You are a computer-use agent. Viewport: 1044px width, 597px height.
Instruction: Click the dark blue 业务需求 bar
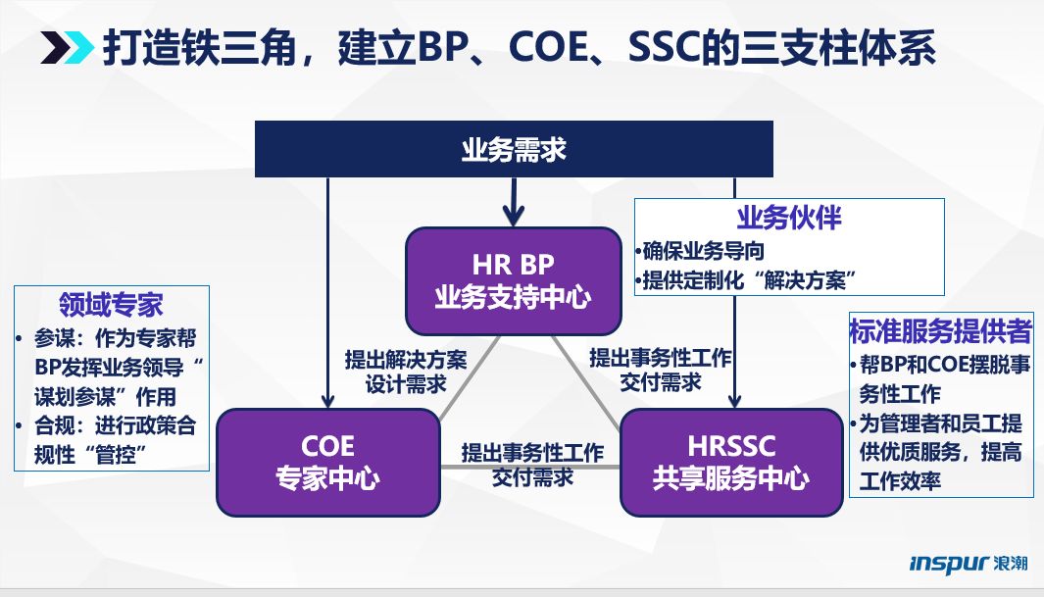tap(514, 150)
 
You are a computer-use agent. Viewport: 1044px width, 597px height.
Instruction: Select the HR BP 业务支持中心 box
tap(514, 280)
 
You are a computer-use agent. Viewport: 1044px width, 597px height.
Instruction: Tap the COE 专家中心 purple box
tap(327, 462)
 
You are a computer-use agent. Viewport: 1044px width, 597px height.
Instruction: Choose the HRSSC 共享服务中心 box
tap(731, 462)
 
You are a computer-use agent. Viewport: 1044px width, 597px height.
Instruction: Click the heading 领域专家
tap(111, 305)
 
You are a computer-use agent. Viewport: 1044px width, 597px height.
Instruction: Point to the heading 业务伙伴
tap(788, 217)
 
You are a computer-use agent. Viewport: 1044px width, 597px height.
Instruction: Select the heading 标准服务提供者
tap(940, 331)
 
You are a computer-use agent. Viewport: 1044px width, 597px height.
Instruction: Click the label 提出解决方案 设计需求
tap(405, 371)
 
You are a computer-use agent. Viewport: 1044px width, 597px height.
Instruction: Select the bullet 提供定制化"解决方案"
tap(744, 280)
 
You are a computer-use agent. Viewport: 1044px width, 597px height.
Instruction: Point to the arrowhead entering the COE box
tap(328, 398)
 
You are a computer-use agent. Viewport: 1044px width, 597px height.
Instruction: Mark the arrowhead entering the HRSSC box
tap(734, 398)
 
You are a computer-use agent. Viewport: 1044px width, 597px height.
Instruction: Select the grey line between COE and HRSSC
tap(529, 467)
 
